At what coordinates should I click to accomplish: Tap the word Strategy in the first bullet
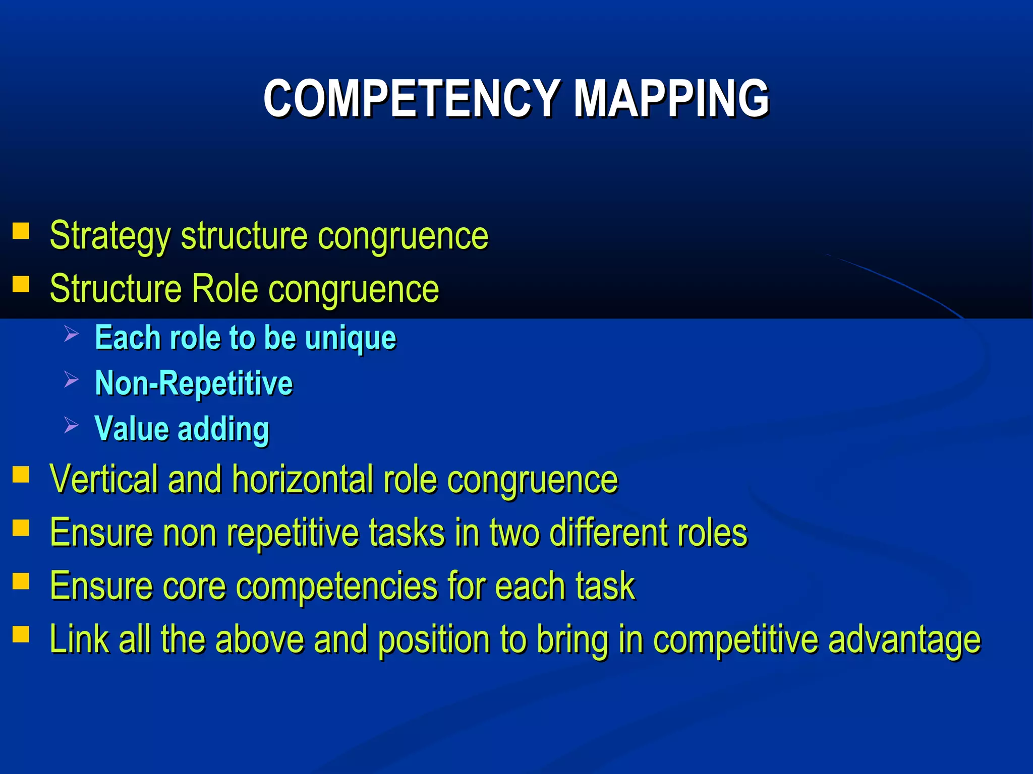coord(110,236)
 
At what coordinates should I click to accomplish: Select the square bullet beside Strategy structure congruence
coord(21,231)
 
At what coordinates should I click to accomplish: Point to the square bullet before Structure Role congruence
coord(21,284)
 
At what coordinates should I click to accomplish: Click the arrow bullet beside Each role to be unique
coord(71,334)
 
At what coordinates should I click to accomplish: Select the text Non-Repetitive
coord(194,383)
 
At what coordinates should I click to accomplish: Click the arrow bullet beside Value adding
coord(71,425)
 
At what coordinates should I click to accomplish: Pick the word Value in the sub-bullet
coord(132,429)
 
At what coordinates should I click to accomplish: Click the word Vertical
coord(104,479)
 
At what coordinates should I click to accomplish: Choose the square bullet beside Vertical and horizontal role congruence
coord(21,475)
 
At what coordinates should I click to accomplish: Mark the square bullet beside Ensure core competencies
coord(21,582)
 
